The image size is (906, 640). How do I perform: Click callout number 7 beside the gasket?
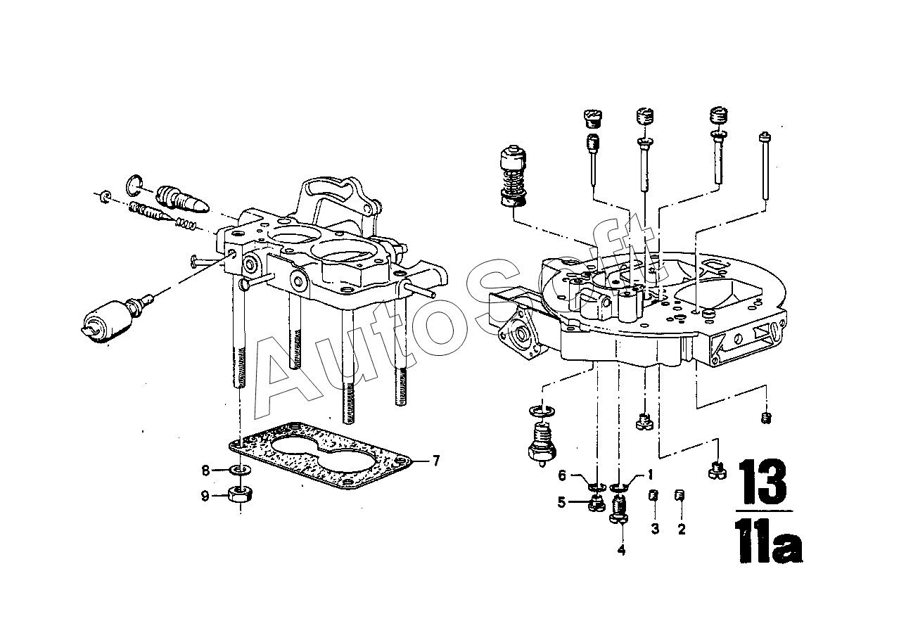(435, 461)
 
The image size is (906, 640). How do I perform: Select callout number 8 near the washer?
(205, 470)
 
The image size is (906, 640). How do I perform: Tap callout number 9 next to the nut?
(205, 497)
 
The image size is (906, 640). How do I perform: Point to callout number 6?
(562, 475)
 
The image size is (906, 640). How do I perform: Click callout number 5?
(562, 502)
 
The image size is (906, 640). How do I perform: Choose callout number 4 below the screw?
(621, 550)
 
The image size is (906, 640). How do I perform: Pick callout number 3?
(654, 529)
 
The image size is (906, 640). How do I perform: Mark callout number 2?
(681, 529)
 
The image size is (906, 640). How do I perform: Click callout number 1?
(651, 474)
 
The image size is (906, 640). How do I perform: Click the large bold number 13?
(763, 482)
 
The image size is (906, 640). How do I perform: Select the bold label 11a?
(768, 542)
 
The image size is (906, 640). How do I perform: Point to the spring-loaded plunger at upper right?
(511, 176)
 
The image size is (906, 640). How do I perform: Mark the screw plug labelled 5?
(596, 502)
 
